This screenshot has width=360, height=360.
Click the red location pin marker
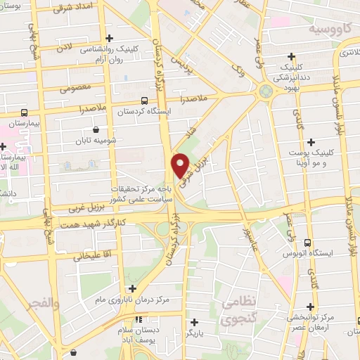(181, 166)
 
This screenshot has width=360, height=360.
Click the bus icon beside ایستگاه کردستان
(145, 101)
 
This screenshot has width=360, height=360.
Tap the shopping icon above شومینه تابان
(96, 130)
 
